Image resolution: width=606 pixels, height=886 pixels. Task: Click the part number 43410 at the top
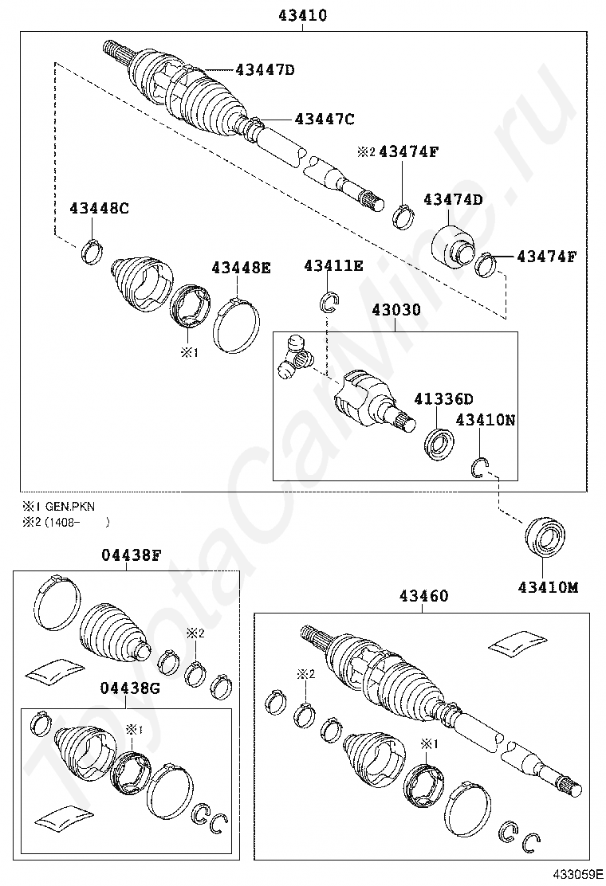point(302,15)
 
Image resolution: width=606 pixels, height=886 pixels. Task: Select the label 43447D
point(265,69)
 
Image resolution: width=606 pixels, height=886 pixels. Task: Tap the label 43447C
point(324,119)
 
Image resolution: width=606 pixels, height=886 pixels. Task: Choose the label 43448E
point(241,268)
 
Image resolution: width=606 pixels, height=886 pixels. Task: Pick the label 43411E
point(333,265)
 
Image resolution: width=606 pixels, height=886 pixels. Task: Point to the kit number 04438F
point(131,555)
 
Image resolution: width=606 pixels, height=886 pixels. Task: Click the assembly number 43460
point(423,595)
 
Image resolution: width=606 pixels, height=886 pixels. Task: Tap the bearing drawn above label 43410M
point(545,536)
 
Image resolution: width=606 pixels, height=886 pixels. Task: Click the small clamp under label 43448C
point(92,252)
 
